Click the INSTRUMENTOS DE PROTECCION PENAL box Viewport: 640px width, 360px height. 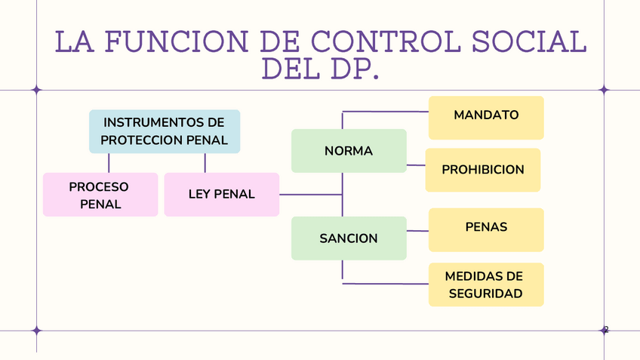pos(165,131)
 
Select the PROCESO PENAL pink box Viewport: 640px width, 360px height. pos(100,195)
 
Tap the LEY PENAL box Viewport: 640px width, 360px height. pos(221,195)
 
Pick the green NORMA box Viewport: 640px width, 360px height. pos(349,151)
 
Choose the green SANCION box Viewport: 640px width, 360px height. pos(349,238)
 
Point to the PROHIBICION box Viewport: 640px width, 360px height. pos(483,170)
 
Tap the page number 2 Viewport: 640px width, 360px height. pos(605,329)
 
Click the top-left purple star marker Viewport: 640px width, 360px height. pos(36,90)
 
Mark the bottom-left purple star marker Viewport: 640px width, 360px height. pos(36,330)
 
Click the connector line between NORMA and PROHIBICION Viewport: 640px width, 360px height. pos(416,165)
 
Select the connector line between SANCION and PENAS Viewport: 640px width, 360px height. pos(417,230)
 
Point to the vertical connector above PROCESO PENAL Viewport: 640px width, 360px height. pos(109,162)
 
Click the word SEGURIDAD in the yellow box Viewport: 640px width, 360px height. pos(486,294)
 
